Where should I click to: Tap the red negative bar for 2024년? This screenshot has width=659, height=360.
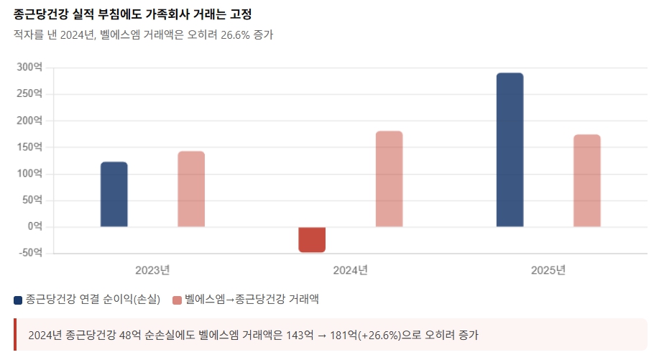[x=312, y=239]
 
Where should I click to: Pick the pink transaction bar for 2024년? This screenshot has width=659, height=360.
[x=389, y=179]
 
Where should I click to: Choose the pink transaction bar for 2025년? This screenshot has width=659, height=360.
[x=586, y=180]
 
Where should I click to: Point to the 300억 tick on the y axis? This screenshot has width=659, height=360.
[x=29, y=67]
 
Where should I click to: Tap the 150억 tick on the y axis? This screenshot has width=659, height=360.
[x=29, y=147]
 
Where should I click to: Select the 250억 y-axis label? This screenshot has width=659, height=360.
[x=29, y=93]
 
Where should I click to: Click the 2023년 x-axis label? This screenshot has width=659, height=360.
[x=152, y=271]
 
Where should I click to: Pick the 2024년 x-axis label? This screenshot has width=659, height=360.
[x=350, y=271]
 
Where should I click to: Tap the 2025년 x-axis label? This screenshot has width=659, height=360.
[x=548, y=271]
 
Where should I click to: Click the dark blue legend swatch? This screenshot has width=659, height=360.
[x=18, y=300]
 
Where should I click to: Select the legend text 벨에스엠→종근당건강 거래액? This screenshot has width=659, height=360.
[x=252, y=300]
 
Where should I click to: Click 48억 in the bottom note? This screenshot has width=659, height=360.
[x=131, y=335]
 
